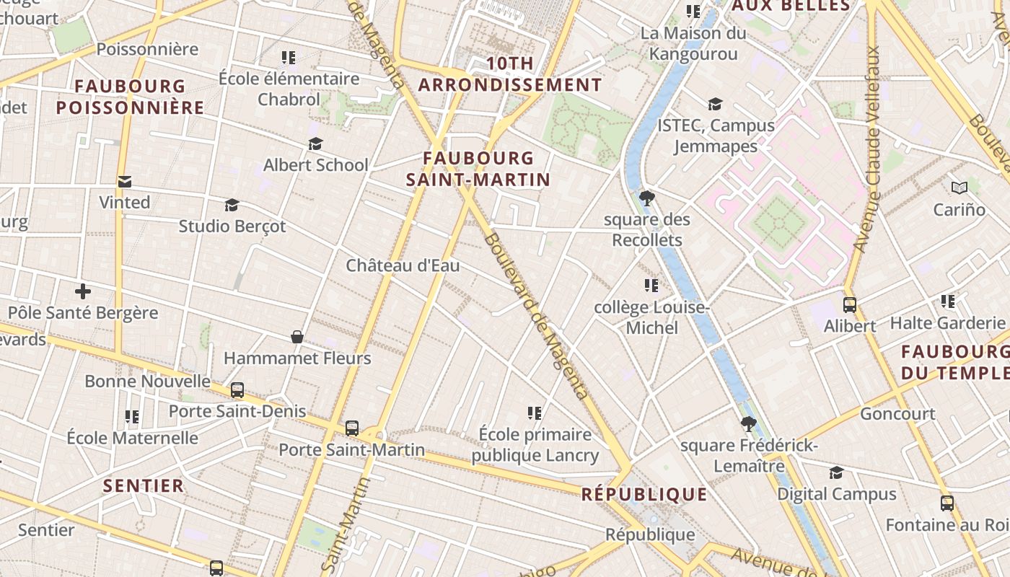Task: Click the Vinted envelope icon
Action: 125,182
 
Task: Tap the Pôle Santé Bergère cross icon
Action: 83,291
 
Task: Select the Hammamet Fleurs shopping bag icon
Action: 297,337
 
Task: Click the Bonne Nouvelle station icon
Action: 237,390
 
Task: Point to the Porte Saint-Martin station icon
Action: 352,428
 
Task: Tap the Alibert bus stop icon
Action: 850,305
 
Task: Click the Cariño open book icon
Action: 959,188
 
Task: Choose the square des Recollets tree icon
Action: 647,198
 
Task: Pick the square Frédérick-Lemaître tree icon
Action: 749,423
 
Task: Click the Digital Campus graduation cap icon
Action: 836,472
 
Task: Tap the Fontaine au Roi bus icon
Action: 947,503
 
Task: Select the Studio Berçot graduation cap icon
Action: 232,206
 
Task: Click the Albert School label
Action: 315,165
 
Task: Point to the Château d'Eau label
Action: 403,265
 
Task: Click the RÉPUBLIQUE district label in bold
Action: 644,495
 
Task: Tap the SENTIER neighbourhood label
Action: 144,486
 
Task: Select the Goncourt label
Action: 897,414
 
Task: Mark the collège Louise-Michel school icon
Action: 651,286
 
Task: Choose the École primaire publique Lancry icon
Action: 535,413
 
